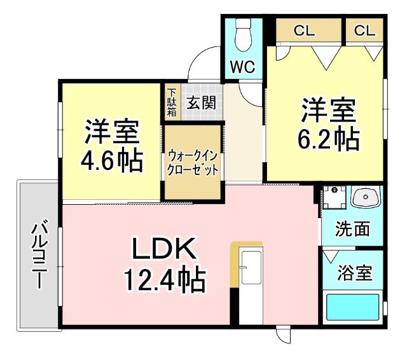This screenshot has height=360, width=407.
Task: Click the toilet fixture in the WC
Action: coord(243,37)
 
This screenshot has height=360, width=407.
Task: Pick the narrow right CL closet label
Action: coord(365,31)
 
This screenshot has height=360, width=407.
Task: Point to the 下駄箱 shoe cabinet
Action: coord(172,102)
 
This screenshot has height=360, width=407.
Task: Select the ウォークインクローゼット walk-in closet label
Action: coord(193,162)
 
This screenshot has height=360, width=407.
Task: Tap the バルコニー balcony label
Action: coord(39,253)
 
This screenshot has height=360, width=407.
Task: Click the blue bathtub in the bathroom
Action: coord(352,307)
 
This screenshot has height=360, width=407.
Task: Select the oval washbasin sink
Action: coord(364,198)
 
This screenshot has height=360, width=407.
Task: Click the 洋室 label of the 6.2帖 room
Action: coord(328,110)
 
